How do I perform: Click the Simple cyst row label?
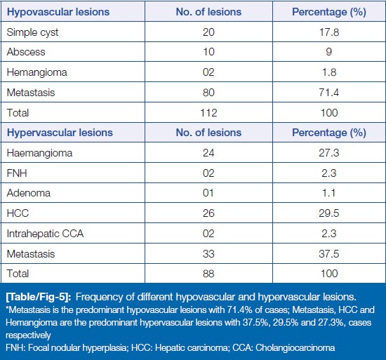pos(32,32)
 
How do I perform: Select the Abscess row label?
pos(26,52)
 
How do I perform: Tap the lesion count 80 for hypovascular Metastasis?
pos(208,93)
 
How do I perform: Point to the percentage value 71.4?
pos(329,93)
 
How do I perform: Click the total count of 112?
pos(208,113)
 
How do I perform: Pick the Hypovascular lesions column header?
pos(58,12)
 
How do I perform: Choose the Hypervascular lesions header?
pos(60,133)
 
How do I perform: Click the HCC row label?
pos(18,213)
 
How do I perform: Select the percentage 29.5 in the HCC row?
pos(329,213)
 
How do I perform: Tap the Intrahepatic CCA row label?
pos(45,234)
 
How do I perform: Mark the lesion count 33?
pos(208,254)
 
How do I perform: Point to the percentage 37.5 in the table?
pos(329,254)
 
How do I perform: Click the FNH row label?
pos(17,173)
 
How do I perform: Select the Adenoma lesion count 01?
pos(208,193)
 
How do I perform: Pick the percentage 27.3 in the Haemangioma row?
pos(329,153)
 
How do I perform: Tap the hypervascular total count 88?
pos(208,274)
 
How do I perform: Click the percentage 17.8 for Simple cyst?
pos(329,32)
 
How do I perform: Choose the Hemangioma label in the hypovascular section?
pos(37,72)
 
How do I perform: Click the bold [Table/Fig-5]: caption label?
pos(39,297)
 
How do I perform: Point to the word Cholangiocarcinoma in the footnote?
pos(295,347)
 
